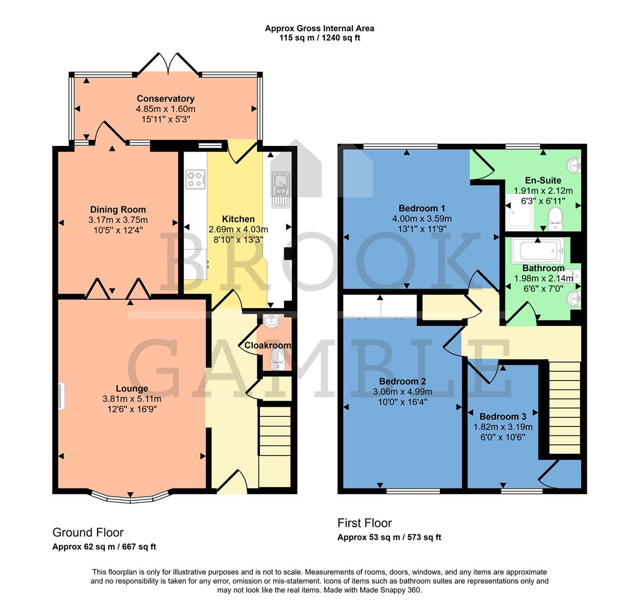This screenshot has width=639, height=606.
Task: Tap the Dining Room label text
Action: click(x=118, y=210)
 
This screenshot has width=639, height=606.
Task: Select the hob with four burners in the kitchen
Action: click(x=196, y=179)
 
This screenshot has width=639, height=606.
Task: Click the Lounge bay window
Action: click(x=130, y=497)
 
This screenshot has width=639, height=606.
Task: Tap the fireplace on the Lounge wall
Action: click(x=61, y=396)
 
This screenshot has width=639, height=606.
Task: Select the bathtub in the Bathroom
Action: click(x=539, y=248)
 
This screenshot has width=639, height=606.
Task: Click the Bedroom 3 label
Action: click(x=503, y=416)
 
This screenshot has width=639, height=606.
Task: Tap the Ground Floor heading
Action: click(x=88, y=532)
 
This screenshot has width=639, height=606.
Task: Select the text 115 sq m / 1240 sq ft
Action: click(x=319, y=38)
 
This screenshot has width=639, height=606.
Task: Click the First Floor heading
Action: click(x=364, y=523)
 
